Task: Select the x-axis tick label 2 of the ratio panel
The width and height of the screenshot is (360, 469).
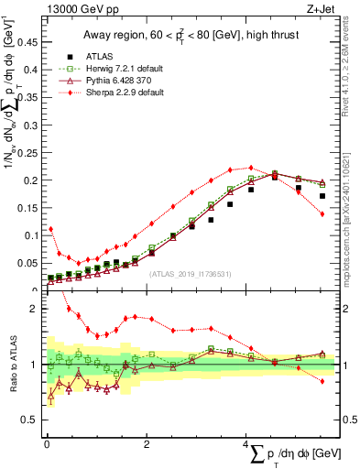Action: coord(147,444)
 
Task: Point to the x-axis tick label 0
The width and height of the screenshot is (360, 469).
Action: coord(47,444)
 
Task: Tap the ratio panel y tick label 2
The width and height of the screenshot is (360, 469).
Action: coord(35,309)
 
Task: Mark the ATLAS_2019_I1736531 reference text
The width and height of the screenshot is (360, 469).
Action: coord(190,273)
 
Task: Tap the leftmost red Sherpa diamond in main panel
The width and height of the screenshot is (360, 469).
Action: coord(51,229)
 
